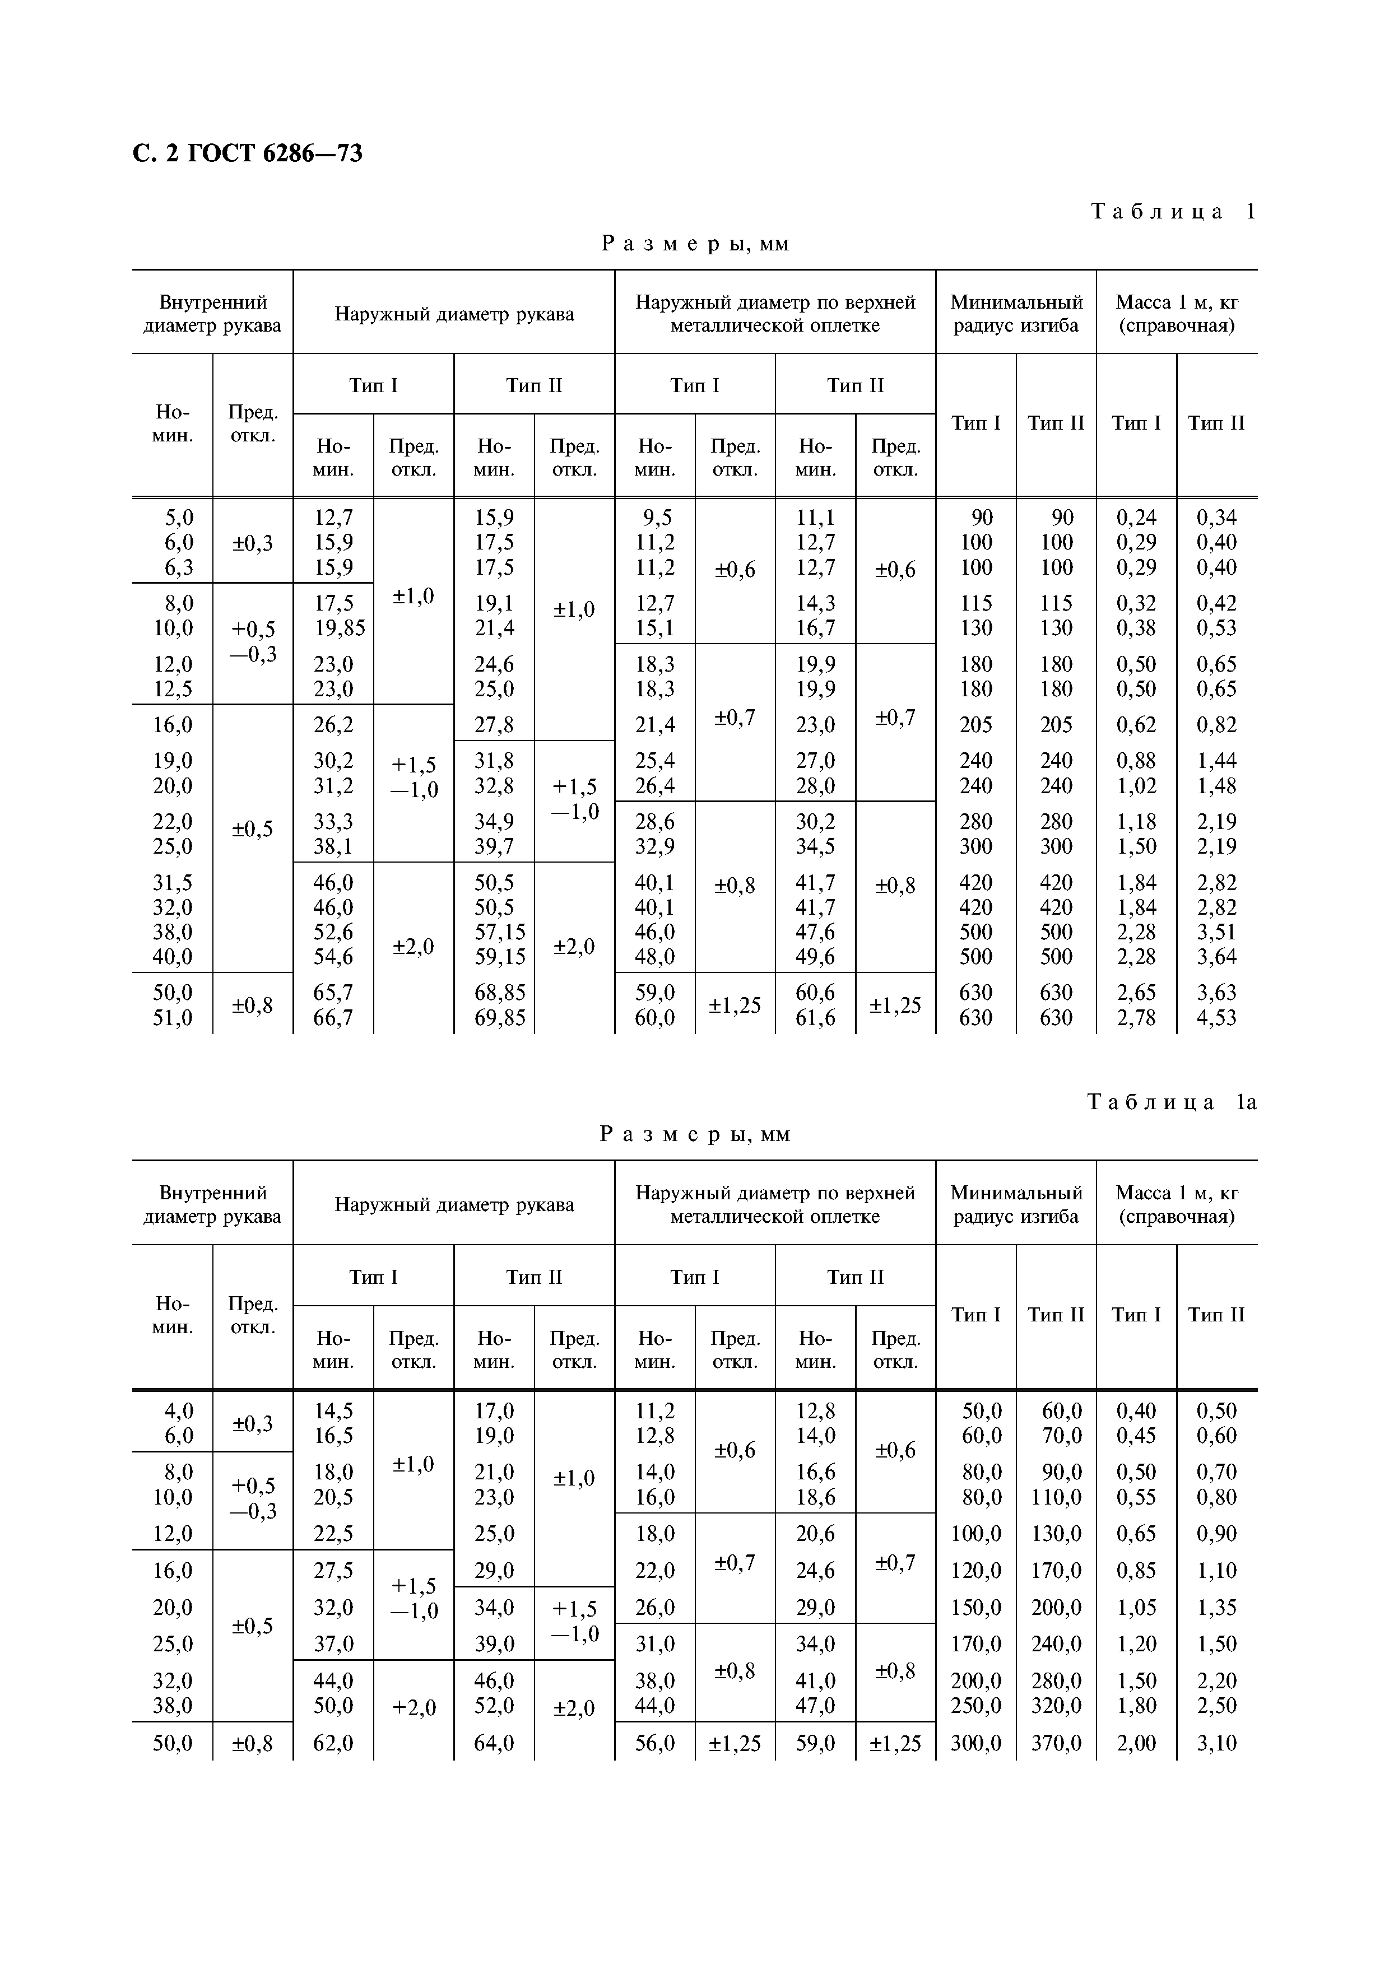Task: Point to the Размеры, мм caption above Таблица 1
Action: point(694,244)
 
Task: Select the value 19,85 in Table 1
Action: point(339,628)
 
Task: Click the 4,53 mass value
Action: point(1216,1018)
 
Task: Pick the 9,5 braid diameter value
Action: point(657,517)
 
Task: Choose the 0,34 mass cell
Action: point(1216,517)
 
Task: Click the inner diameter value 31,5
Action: point(173,882)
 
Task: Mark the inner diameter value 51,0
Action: point(173,1018)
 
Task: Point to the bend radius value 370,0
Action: point(1056,1743)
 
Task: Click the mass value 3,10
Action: point(1216,1743)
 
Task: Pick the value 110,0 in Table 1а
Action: point(1056,1497)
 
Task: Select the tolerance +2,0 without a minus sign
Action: point(414,1707)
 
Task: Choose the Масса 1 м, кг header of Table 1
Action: point(1177,313)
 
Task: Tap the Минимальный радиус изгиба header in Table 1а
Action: point(1016,1204)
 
